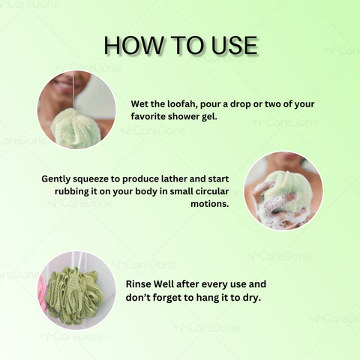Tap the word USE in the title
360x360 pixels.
235,45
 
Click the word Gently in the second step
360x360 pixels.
56,179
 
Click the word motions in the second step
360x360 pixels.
210,204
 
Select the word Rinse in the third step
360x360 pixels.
138,284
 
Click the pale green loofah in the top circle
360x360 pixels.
76,128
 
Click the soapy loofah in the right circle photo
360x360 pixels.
286,195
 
